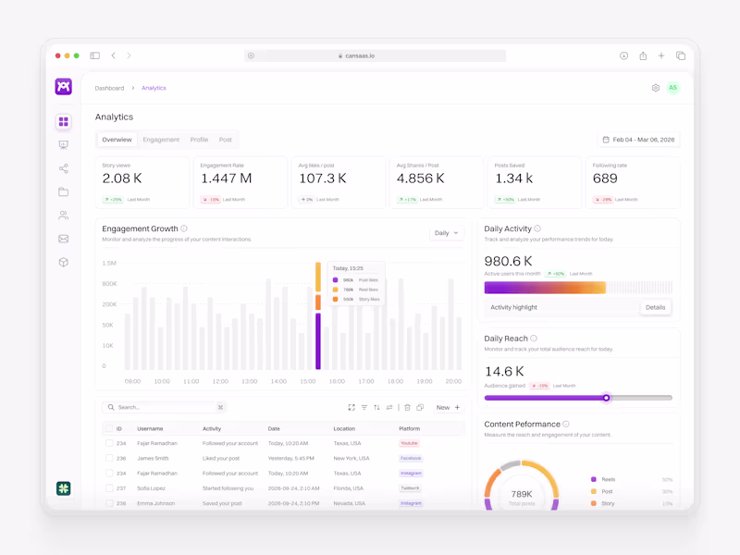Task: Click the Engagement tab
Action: [161, 140]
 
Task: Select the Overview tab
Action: [117, 140]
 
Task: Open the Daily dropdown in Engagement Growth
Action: [446, 233]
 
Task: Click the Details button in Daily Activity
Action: [655, 307]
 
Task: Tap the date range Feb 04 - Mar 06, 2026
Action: [638, 140]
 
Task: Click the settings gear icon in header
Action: [656, 88]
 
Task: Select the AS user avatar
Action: [672, 88]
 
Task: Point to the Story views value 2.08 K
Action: [122, 179]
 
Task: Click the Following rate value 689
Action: [605, 179]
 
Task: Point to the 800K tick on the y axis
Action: [109, 284]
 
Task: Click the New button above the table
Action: [448, 407]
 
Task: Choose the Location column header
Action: [344, 429]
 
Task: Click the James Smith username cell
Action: [153, 458]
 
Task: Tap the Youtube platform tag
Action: [409, 443]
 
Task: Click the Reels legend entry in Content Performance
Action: [608, 479]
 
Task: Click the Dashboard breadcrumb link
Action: [109, 88]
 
